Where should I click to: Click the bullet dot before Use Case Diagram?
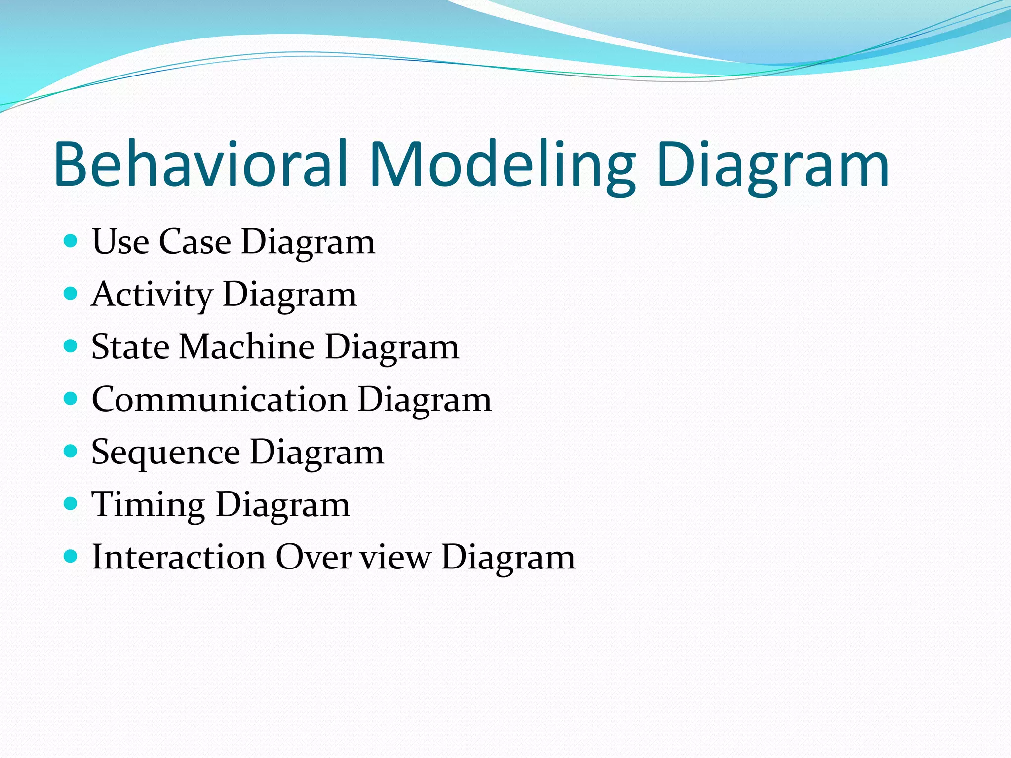click(71, 241)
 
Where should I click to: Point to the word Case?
click(194, 242)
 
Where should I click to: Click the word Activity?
click(152, 295)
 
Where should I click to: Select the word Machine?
click(246, 346)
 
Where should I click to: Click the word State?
click(130, 346)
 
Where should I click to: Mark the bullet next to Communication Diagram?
click(71, 399)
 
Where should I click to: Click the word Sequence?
click(165, 453)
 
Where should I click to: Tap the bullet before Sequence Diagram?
click(71, 451)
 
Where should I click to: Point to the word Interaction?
click(179, 557)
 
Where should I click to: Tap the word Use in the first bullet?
click(120, 242)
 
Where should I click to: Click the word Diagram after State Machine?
click(392, 346)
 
